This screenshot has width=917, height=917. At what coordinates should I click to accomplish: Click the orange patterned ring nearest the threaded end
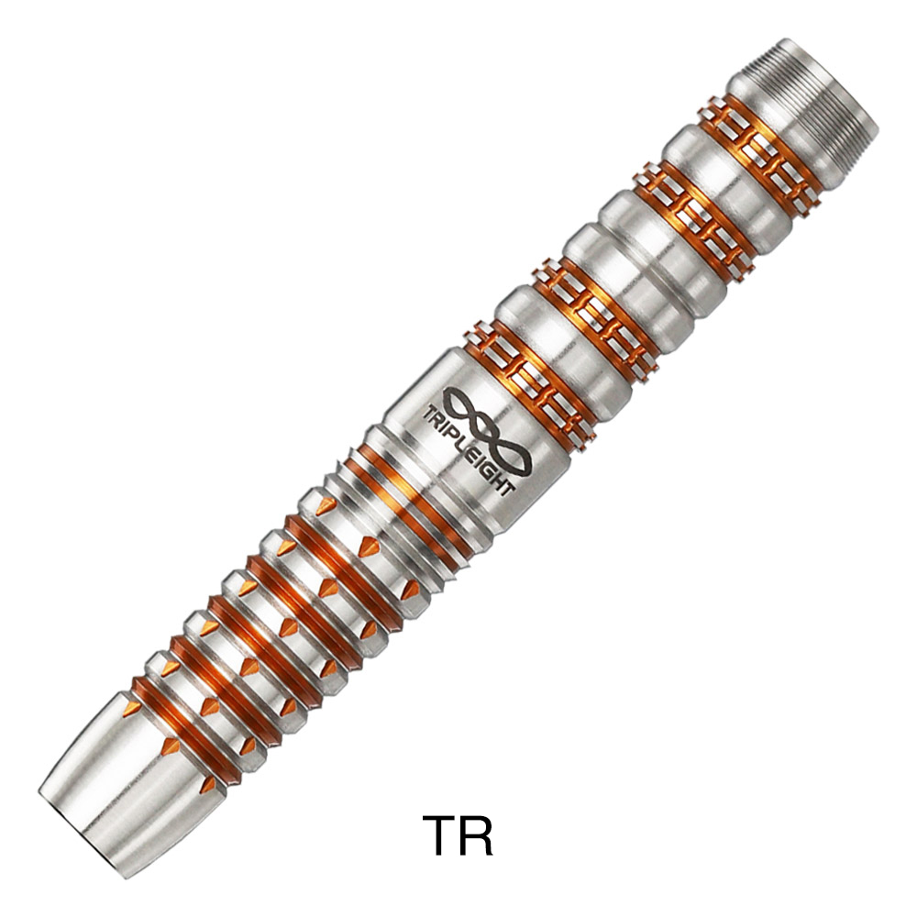click(757, 156)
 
